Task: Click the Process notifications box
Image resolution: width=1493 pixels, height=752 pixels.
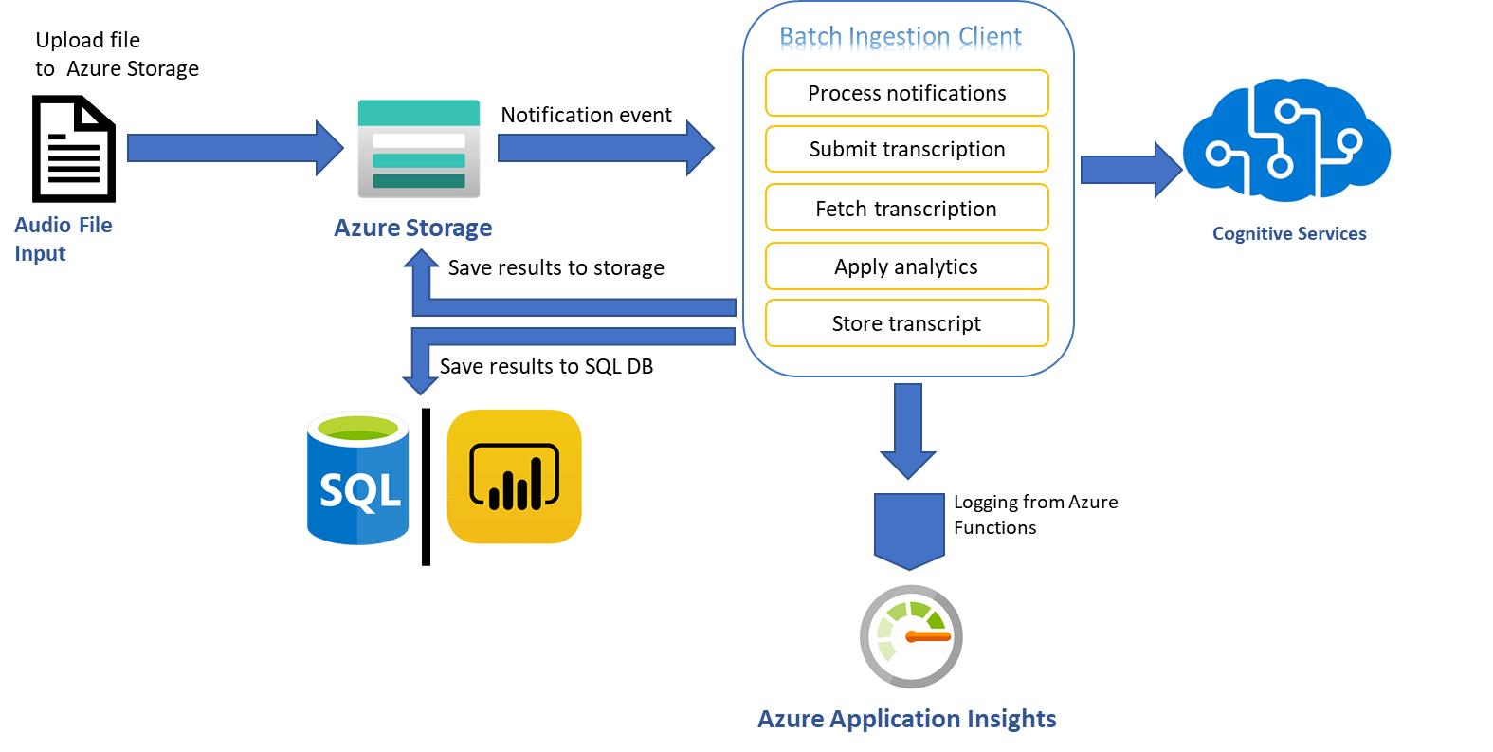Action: [906, 93]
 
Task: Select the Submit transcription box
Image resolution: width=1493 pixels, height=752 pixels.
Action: [906, 149]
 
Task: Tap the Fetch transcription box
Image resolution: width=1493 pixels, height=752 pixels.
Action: [906, 208]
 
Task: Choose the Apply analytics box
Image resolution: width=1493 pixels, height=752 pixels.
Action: [906, 266]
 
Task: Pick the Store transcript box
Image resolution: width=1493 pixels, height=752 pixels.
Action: [906, 323]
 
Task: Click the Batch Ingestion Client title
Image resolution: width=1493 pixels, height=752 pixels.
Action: [901, 37]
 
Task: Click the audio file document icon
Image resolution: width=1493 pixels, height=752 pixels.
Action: [74, 149]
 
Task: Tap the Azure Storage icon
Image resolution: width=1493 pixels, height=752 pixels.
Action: [419, 149]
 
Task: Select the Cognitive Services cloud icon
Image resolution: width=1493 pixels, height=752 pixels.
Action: [1286, 140]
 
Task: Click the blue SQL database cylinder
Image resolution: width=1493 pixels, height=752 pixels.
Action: [358, 478]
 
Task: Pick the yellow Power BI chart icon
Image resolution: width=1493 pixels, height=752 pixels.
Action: [514, 477]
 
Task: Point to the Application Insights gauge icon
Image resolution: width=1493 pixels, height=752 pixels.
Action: [911, 636]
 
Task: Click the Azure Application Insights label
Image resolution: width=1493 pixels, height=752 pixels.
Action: [906, 719]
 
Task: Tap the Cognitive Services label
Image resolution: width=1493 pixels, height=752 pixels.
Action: [1289, 233]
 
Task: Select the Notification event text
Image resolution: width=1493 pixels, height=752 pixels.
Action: [586, 115]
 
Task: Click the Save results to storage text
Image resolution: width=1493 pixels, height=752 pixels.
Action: [555, 267]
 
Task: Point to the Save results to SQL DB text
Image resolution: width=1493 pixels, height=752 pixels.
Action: [546, 366]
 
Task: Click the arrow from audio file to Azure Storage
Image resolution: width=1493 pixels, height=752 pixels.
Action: [235, 148]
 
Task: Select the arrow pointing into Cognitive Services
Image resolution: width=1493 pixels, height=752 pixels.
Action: [1131, 170]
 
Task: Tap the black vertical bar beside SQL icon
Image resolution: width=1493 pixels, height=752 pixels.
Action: [426, 487]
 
